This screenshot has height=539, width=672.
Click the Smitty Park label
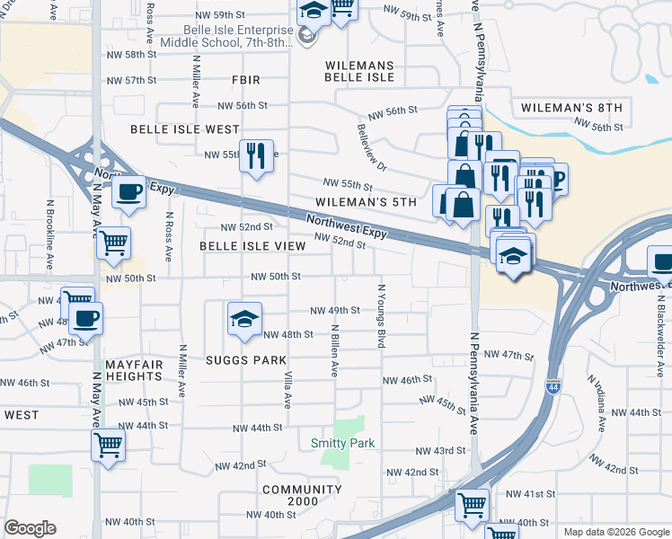(x=342, y=443)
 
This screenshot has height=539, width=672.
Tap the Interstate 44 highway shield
(x=553, y=384)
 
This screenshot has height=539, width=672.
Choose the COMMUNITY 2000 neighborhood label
(x=302, y=496)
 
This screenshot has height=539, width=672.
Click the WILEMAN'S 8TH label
(x=571, y=108)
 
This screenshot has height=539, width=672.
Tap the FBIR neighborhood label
(x=245, y=81)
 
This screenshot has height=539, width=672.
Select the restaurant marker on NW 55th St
(x=256, y=157)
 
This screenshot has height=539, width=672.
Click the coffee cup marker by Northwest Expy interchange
(x=128, y=192)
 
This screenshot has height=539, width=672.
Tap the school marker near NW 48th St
(x=244, y=320)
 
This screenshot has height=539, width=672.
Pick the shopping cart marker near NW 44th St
(x=108, y=445)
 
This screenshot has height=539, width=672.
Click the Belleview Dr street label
(x=370, y=147)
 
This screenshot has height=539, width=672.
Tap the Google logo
(x=30, y=528)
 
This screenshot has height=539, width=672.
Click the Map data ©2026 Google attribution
(x=615, y=532)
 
